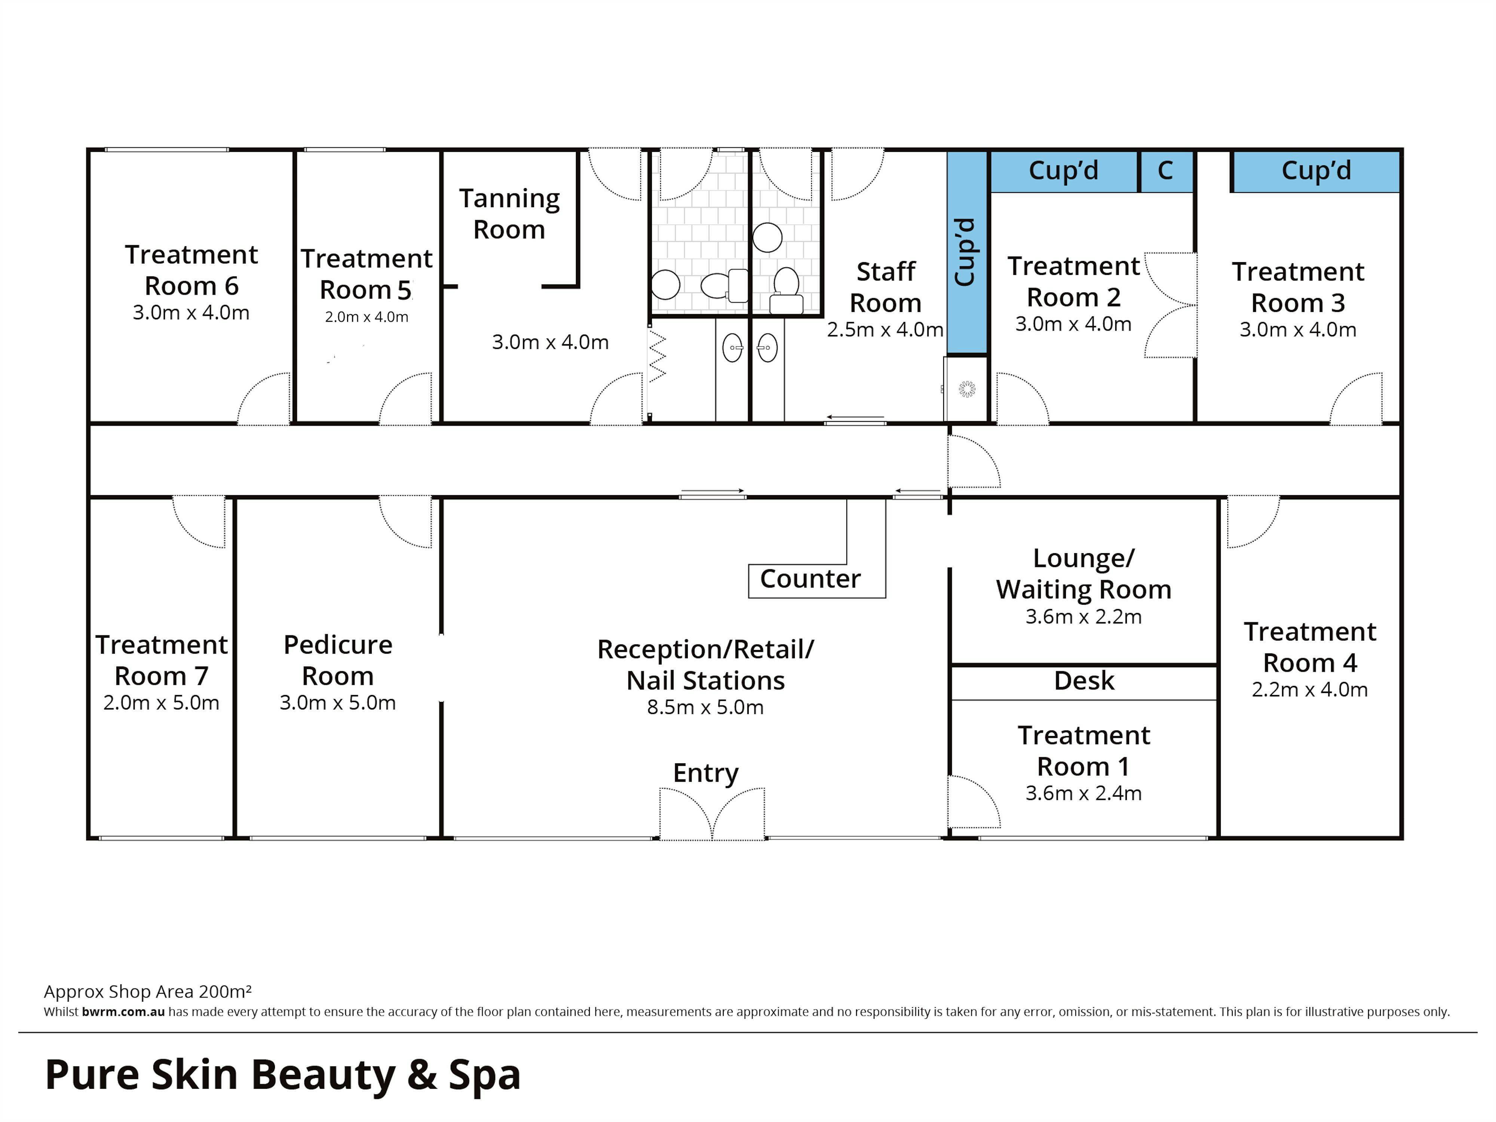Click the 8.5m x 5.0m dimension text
coord(705,708)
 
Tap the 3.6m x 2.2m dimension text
coord(1083,617)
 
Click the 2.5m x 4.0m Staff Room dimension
coord(885,330)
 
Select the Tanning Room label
coord(509,214)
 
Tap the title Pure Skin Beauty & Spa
coord(283,1075)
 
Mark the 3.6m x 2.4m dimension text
coord(1083,793)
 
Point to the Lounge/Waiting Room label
coord(1083,574)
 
